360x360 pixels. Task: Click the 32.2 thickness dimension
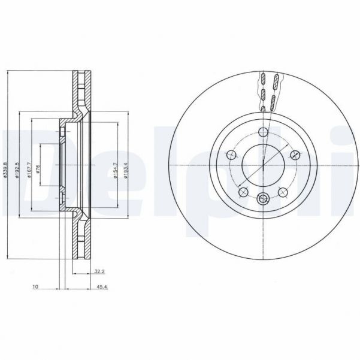point(99,271)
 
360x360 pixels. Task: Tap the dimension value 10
point(36,288)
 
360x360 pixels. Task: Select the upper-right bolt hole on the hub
point(294,155)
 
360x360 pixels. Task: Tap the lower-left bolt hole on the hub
point(243,192)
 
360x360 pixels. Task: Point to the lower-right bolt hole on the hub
point(283,192)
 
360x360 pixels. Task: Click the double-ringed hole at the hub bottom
point(263,199)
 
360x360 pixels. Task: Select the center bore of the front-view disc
point(263,166)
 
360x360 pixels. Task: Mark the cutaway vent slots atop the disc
point(268,91)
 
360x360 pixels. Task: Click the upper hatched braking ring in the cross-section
point(81,90)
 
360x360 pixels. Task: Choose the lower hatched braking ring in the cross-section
point(81,240)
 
